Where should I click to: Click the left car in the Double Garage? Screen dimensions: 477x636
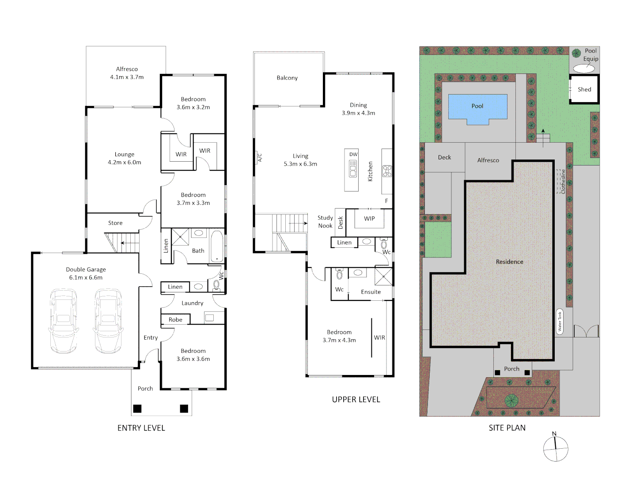(63, 321)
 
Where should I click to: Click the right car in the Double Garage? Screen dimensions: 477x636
(108, 321)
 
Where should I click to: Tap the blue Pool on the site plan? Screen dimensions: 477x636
(477, 107)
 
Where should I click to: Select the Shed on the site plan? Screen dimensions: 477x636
(584, 89)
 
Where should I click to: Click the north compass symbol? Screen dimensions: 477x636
(555, 448)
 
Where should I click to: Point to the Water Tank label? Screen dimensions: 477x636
(560, 322)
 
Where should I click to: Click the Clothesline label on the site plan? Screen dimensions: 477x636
(563, 182)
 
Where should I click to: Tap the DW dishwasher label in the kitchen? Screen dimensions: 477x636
(353, 154)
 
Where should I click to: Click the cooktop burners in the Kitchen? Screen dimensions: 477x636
(387, 171)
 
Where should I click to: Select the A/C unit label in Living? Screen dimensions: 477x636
(260, 158)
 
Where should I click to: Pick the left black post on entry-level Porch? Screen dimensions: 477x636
(137, 409)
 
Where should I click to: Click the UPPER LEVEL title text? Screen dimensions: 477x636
(356, 399)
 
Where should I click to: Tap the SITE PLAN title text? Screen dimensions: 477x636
(507, 428)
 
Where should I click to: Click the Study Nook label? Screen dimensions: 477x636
(325, 222)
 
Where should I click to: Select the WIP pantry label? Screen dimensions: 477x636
(369, 219)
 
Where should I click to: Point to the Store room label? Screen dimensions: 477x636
(115, 223)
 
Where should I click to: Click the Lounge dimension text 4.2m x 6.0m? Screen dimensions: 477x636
(125, 163)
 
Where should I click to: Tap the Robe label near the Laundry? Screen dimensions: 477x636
(175, 319)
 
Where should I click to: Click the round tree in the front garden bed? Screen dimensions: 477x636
(511, 401)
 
